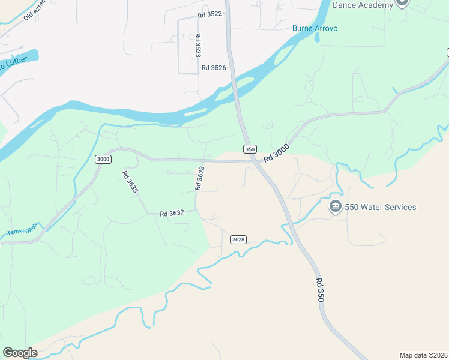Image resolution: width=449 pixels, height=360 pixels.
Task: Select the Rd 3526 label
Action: [214, 68]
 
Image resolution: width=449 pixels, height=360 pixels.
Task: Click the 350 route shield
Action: [250, 149]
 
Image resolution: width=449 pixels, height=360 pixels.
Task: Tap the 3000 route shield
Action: [103, 158]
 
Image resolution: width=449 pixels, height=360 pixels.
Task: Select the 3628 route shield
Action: [238, 239]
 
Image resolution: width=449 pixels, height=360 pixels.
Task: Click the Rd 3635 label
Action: [130, 182]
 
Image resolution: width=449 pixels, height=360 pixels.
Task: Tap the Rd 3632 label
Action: [172, 213]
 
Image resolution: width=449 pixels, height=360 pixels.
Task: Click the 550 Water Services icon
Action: [335, 208]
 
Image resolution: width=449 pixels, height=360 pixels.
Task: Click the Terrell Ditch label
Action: [22, 229]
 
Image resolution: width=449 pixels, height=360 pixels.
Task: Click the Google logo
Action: [20, 352]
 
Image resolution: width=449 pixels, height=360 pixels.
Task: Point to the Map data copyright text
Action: [423, 355]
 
